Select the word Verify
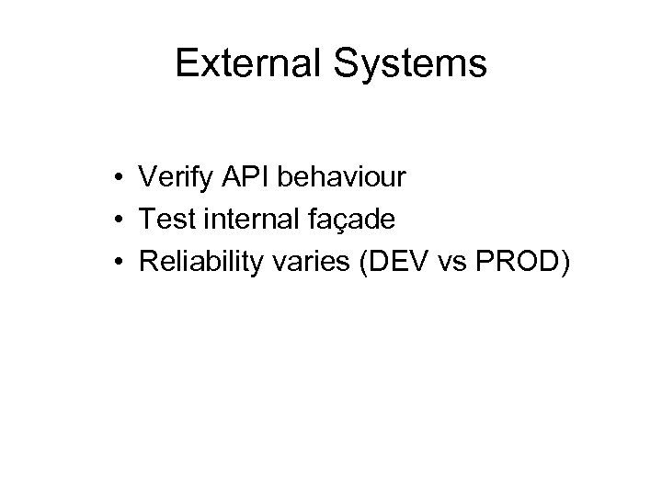[169, 175]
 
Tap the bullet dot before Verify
[120, 176]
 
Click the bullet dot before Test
[120, 220]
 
